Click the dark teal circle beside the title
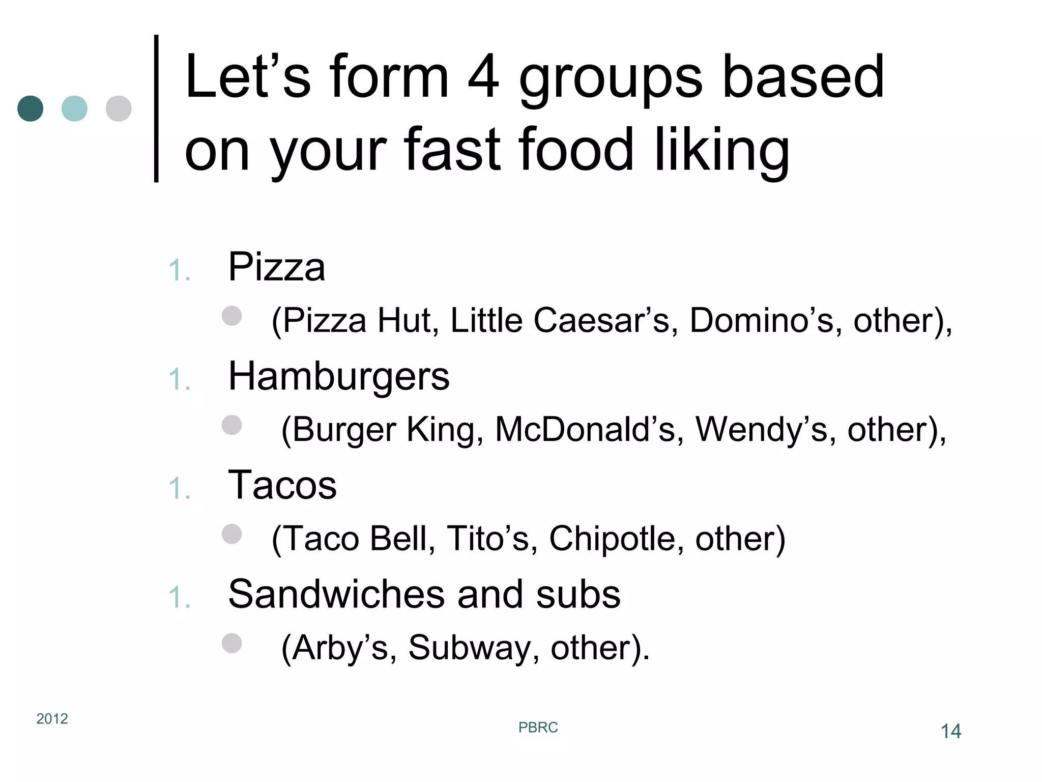click(x=31, y=108)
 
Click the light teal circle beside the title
click(x=74, y=108)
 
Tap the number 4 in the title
click(x=483, y=77)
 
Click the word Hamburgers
click(x=339, y=377)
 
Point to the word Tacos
click(x=282, y=485)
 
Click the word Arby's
click(x=339, y=648)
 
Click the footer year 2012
click(x=52, y=718)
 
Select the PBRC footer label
click(x=538, y=728)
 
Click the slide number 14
click(x=950, y=732)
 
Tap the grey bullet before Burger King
click(x=232, y=425)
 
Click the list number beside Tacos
click(x=179, y=488)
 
